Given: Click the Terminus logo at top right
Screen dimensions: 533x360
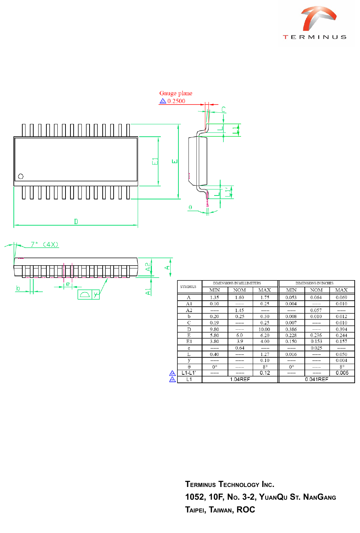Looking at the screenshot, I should coord(315,23).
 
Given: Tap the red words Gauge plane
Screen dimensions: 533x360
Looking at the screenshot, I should coord(176,93).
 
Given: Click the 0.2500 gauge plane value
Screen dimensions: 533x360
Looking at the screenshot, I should coord(176,101).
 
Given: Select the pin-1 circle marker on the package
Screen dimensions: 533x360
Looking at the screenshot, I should coord(21,176).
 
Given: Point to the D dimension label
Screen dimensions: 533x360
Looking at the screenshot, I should coord(76,222).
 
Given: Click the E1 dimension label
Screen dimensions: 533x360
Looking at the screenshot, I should coord(155,161).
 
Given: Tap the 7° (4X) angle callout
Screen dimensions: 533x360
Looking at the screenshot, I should coord(44,244).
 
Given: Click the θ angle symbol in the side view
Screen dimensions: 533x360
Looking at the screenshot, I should coord(190,208).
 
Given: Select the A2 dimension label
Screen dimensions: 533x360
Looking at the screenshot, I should coord(148,267).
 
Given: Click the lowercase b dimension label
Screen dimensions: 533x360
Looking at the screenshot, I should coord(18,288).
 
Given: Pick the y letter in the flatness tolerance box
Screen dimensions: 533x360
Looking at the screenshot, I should coord(96,294).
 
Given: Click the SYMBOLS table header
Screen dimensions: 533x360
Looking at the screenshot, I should coord(188,287).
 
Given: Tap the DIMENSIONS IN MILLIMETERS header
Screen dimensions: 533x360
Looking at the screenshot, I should coord(237,283).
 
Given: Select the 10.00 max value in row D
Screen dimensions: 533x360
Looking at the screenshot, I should coord(264,329).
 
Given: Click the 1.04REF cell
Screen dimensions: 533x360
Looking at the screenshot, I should coord(240,379).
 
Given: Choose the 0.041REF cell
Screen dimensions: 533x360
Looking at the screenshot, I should coord(316,379).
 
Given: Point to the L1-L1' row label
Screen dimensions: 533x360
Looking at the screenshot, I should coord(189,373).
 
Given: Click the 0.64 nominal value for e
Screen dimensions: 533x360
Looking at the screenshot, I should coord(240,348).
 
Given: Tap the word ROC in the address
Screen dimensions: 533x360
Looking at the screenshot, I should coord(246,510).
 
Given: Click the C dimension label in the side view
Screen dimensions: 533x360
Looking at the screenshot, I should coord(224,110).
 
